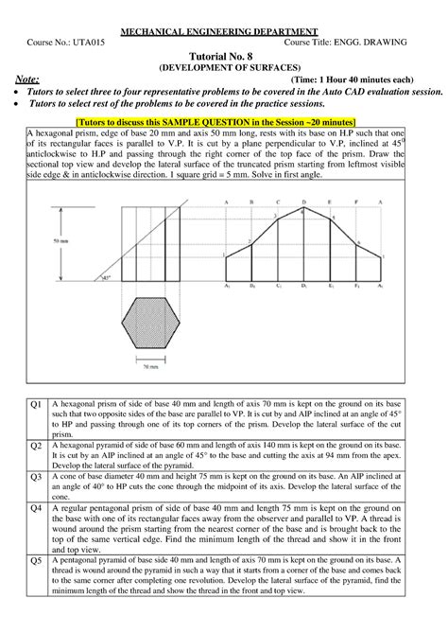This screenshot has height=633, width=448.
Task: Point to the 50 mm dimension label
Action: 60,242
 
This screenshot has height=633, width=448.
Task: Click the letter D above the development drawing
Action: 302,202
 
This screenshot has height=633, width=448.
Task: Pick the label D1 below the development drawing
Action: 303,285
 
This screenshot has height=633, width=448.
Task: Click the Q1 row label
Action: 35,404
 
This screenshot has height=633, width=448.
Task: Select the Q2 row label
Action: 35,444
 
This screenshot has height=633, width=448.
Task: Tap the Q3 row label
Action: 35,477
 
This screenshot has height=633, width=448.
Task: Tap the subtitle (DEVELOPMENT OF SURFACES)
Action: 224,69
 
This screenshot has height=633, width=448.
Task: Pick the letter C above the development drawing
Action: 276,202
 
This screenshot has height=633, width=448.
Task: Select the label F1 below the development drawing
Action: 354,285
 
